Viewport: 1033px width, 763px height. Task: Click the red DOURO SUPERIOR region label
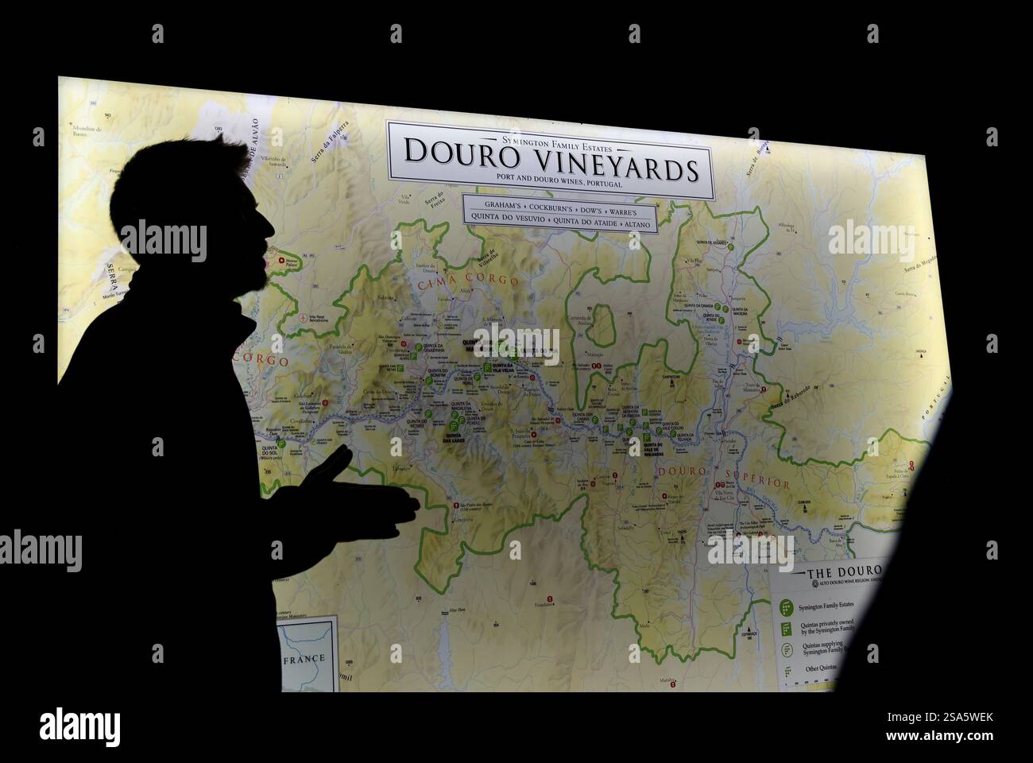(x=722, y=478)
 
